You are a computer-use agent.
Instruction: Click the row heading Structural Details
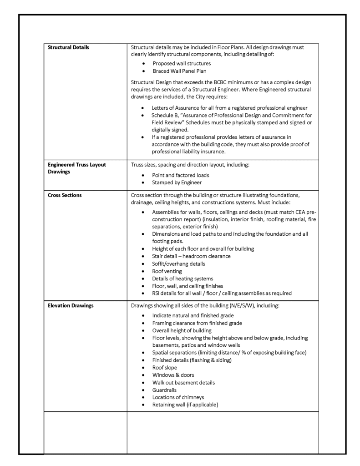click(x=68, y=47)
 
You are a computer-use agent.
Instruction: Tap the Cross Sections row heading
click(x=65, y=195)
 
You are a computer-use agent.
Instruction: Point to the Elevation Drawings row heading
click(x=71, y=305)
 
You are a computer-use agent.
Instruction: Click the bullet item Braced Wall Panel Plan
click(x=179, y=71)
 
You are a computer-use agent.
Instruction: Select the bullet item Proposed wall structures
click(x=182, y=63)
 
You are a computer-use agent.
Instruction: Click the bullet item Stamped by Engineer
click(x=177, y=182)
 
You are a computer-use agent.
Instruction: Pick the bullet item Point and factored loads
click(x=181, y=175)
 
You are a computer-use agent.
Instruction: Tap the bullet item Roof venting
click(x=167, y=271)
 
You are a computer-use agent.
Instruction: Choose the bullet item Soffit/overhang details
click(x=178, y=263)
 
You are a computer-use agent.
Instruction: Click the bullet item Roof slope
click(x=165, y=367)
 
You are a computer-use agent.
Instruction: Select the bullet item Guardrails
click(x=164, y=390)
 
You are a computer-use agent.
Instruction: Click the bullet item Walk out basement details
click(x=183, y=382)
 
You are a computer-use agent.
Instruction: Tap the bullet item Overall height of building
click(x=182, y=330)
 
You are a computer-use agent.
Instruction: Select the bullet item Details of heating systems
click(x=183, y=278)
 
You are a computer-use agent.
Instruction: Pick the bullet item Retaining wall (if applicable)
click(x=185, y=405)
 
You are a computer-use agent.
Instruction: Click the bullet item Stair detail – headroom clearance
click(x=191, y=256)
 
